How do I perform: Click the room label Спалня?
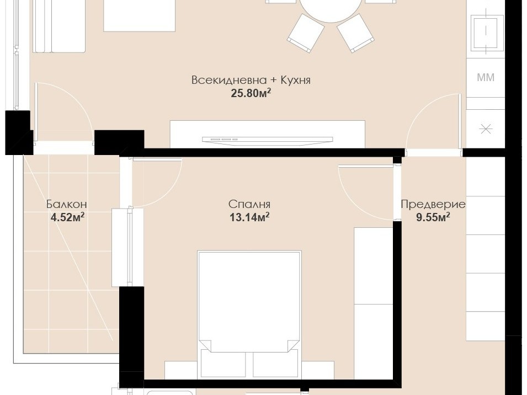pyautogui.click(x=249, y=204)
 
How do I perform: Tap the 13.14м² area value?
pyautogui.click(x=249, y=217)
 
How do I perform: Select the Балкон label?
pyautogui.click(x=67, y=204)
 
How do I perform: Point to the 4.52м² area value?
pyautogui.click(x=67, y=217)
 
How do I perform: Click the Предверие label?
pyautogui.click(x=433, y=204)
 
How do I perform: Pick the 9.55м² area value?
pyautogui.click(x=433, y=217)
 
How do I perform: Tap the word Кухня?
pyautogui.click(x=295, y=81)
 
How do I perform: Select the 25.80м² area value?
pyautogui.click(x=251, y=93)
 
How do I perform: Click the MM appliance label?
pyautogui.click(x=486, y=78)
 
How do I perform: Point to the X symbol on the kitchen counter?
pyautogui.click(x=486, y=129)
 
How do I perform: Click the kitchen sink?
pyautogui.click(x=486, y=33)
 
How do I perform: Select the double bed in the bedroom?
pyautogui.click(x=249, y=301)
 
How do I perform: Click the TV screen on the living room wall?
pyautogui.click(x=268, y=140)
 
